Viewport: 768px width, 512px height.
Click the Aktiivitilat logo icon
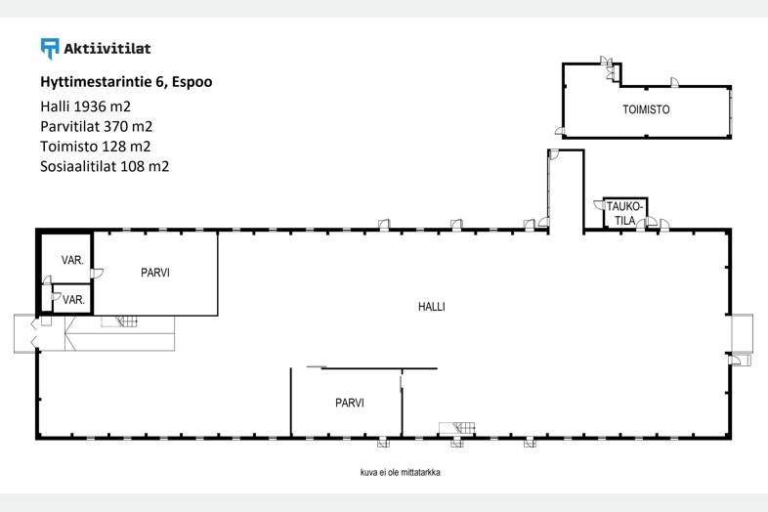click(x=50, y=49)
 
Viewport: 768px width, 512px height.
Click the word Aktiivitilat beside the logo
click(x=107, y=49)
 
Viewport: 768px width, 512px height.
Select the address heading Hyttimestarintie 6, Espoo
click(x=126, y=82)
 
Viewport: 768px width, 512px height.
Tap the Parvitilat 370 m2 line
click(x=97, y=126)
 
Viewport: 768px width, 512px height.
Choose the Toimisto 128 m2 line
click(x=96, y=147)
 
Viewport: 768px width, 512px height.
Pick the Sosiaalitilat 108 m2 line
click(x=105, y=166)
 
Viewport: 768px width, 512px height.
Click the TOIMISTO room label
click(x=646, y=109)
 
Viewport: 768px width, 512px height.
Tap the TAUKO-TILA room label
click(x=624, y=214)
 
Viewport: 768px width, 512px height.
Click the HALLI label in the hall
click(x=432, y=307)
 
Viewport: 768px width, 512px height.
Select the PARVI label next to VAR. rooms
click(x=155, y=273)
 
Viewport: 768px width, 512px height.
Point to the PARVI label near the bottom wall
click(x=350, y=404)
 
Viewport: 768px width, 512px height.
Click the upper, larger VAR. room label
click(x=72, y=261)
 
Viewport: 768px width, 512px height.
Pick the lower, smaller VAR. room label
click(x=73, y=300)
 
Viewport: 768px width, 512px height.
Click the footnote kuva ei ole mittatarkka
click(x=401, y=473)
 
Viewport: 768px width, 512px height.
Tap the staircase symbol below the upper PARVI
click(x=119, y=321)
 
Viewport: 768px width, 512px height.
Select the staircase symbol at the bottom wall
click(x=457, y=428)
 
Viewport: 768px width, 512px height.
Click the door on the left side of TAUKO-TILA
click(x=599, y=205)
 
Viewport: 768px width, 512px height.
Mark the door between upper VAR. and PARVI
click(x=98, y=274)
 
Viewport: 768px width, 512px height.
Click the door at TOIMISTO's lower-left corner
click(x=560, y=130)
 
